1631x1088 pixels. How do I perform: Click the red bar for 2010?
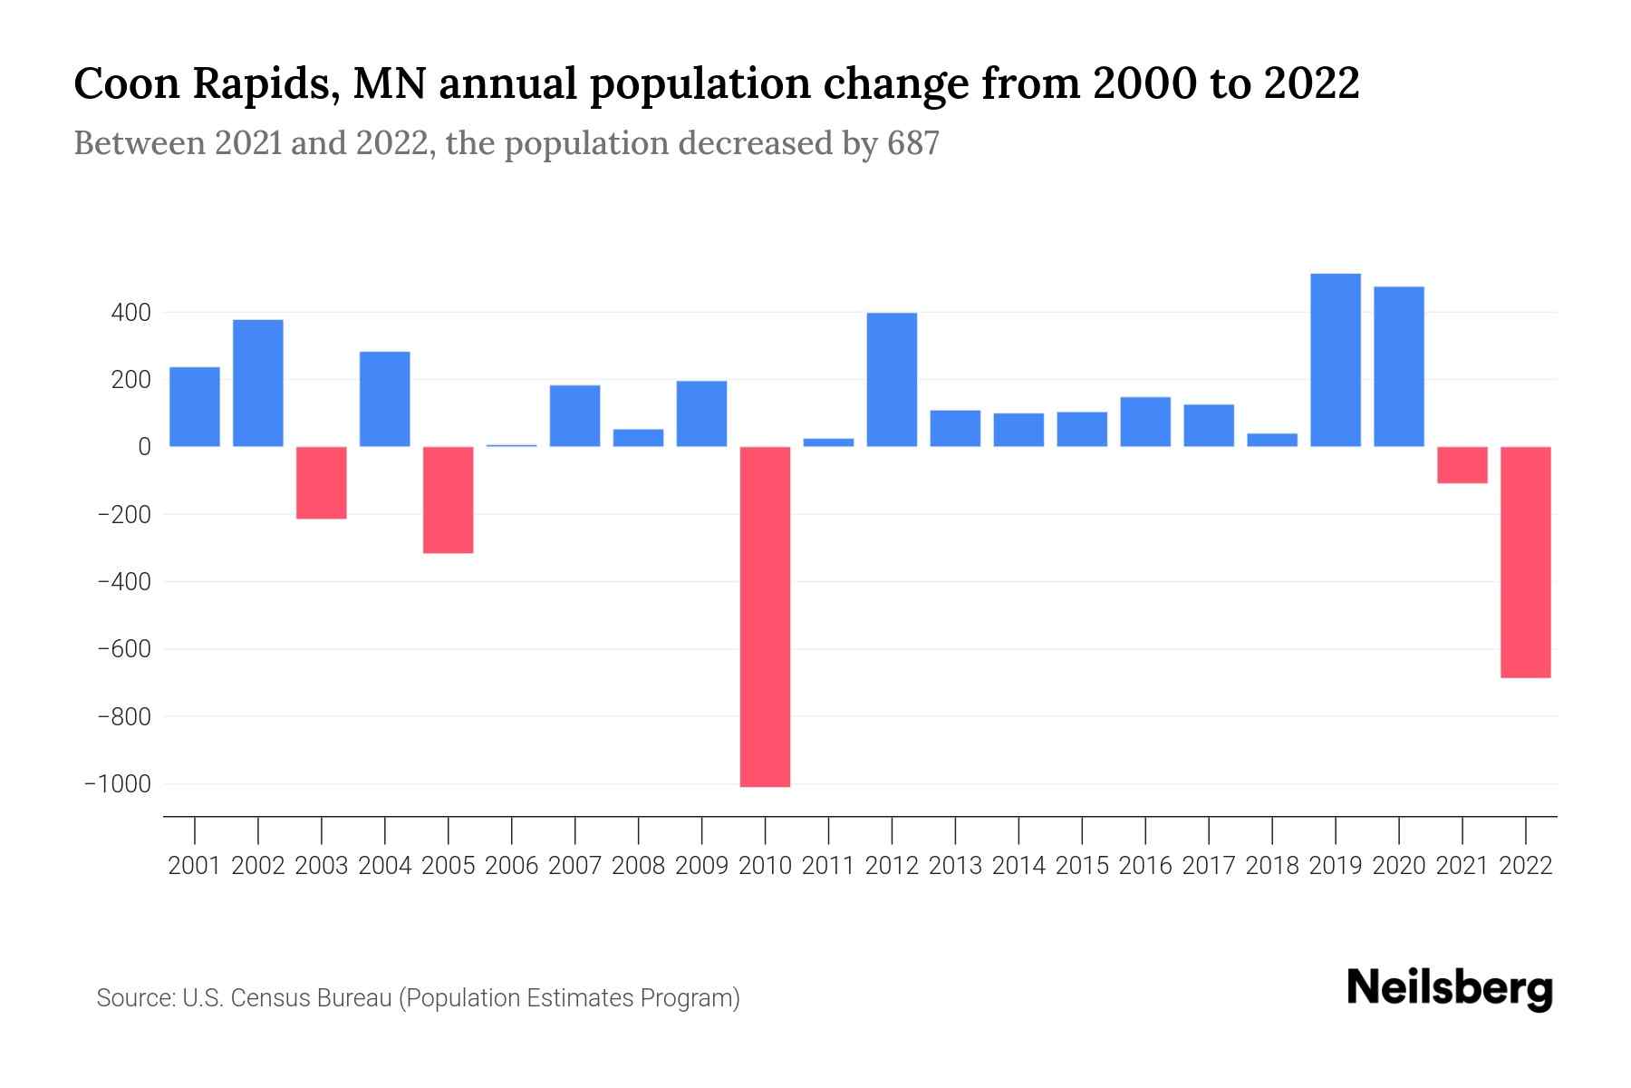(x=765, y=617)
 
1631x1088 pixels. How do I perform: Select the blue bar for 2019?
(x=1336, y=360)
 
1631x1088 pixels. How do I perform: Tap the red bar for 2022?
(x=1525, y=562)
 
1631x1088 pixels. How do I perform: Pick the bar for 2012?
(x=892, y=380)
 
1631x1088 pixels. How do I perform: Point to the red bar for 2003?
(x=322, y=482)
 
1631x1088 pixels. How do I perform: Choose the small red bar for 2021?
(x=1462, y=465)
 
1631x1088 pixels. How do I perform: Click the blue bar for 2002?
(x=258, y=383)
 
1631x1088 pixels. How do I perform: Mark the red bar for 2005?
(x=449, y=500)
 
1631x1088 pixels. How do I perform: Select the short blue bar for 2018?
(x=1272, y=440)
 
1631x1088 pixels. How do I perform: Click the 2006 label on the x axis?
(x=512, y=866)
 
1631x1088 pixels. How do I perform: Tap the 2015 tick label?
(x=1082, y=866)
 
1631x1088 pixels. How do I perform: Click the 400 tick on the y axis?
(x=131, y=313)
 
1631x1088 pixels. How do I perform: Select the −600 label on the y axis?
(x=124, y=649)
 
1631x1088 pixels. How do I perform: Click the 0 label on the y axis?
(x=143, y=447)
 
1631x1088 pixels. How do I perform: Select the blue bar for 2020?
(x=1399, y=366)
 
